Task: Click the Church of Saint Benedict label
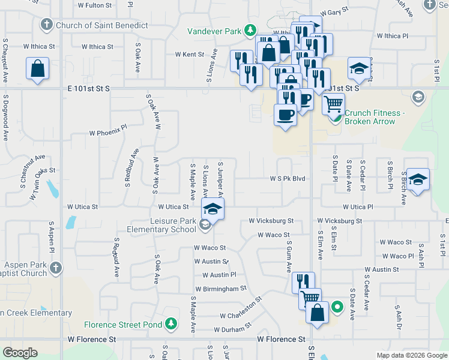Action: (x=101, y=25)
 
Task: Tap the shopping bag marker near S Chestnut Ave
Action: (x=37, y=68)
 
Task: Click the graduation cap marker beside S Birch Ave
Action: (x=418, y=178)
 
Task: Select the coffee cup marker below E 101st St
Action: (x=285, y=114)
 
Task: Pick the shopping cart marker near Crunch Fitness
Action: (x=333, y=104)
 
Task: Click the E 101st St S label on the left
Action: (x=86, y=88)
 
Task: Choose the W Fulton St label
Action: (x=95, y=5)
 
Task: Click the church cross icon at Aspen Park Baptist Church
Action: (x=55, y=268)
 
